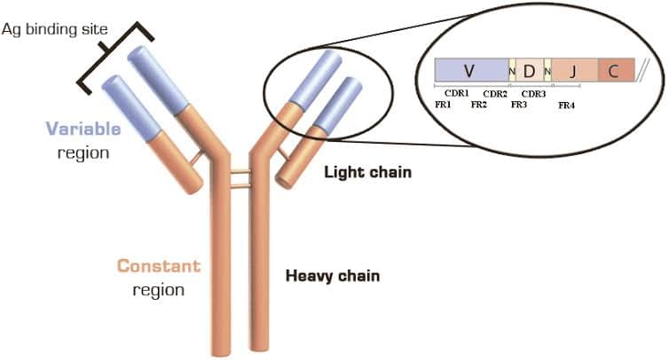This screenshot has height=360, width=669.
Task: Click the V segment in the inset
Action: click(470, 70)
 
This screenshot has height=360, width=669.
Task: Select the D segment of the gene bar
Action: click(529, 70)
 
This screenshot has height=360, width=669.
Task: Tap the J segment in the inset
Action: click(573, 70)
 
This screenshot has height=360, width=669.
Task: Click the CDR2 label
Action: click(494, 92)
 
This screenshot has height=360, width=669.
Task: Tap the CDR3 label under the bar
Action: click(533, 92)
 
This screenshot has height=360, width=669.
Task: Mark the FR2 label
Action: click(479, 105)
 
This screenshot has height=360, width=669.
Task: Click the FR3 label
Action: click(520, 105)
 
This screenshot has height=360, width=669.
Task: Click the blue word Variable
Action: click(86, 129)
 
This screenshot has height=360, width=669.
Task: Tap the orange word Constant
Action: click(160, 266)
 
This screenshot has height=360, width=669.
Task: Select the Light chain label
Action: click(367, 171)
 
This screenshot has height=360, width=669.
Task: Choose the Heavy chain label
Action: click(332, 276)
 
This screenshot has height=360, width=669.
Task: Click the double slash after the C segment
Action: click(644, 68)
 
